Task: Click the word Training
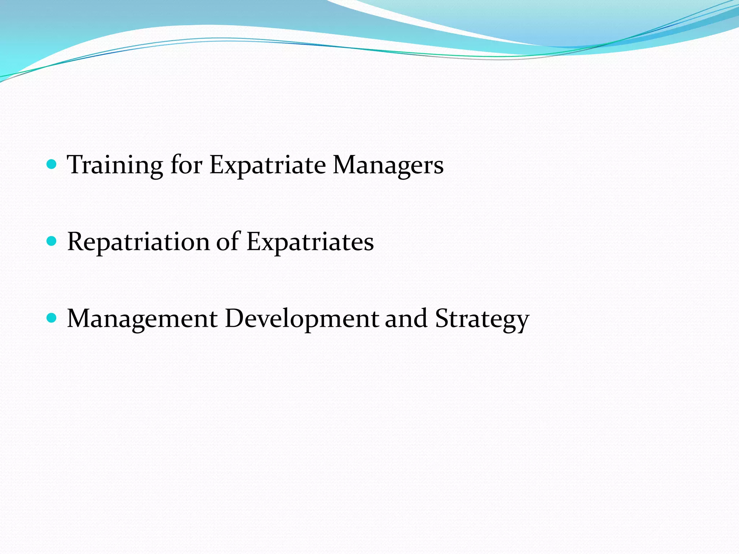115,165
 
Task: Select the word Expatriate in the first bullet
267,165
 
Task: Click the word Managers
388,165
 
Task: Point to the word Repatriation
138,242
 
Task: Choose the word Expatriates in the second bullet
310,242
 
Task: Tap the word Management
142,318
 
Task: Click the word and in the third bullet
406,318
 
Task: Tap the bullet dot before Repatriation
52,241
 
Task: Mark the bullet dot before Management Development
52,318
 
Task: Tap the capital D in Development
235,318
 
